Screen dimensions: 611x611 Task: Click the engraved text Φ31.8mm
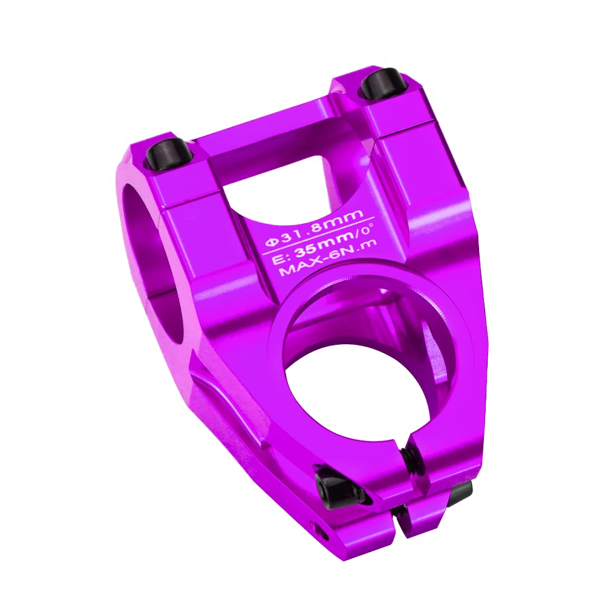[x=314, y=227]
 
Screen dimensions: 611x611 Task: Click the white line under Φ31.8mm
[x=319, y=236]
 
